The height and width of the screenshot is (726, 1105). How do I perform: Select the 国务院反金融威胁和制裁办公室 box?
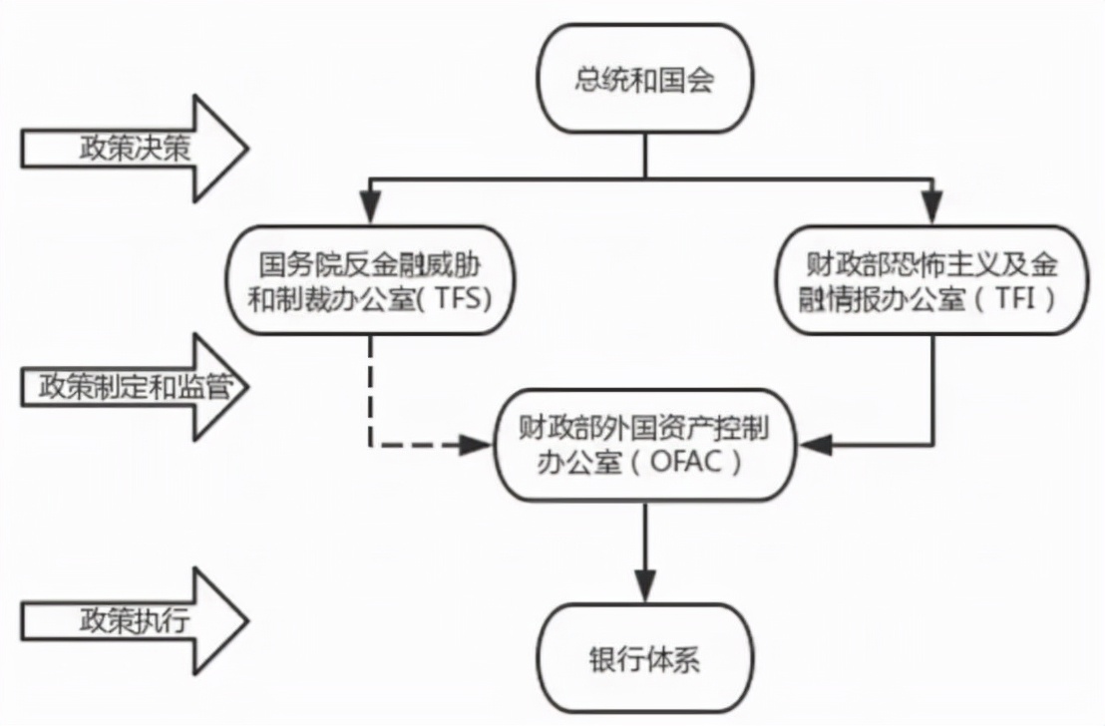(x=370, y=280)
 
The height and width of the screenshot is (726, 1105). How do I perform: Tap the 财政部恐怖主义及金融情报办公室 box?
(x=931, y=280)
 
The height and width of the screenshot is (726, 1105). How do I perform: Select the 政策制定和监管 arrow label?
(x=130, y=387)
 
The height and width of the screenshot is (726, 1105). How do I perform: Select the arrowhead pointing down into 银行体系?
(x=644, y=584)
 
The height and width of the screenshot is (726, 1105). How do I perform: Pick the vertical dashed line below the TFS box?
(x=370, y=389)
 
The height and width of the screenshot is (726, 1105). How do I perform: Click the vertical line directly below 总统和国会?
(x=644, y=157)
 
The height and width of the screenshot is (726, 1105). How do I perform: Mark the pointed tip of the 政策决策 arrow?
(x=243, y=149)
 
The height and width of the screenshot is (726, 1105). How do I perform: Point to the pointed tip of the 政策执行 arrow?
(x=243, y=620)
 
